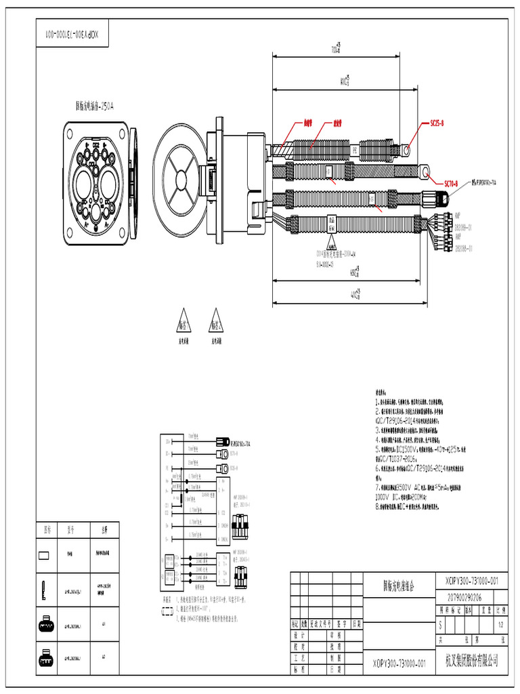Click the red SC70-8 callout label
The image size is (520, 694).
pyautogui.click(x=451, y=184)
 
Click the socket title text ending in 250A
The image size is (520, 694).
pyautogui.click(x=94, y=106)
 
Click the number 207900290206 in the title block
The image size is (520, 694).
pyautogui.click(x=464, y=597)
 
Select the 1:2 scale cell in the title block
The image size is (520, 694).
pyautogui.click(x=500, y=624)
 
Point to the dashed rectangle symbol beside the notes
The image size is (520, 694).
pyautogui.click(x=167, y=610)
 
